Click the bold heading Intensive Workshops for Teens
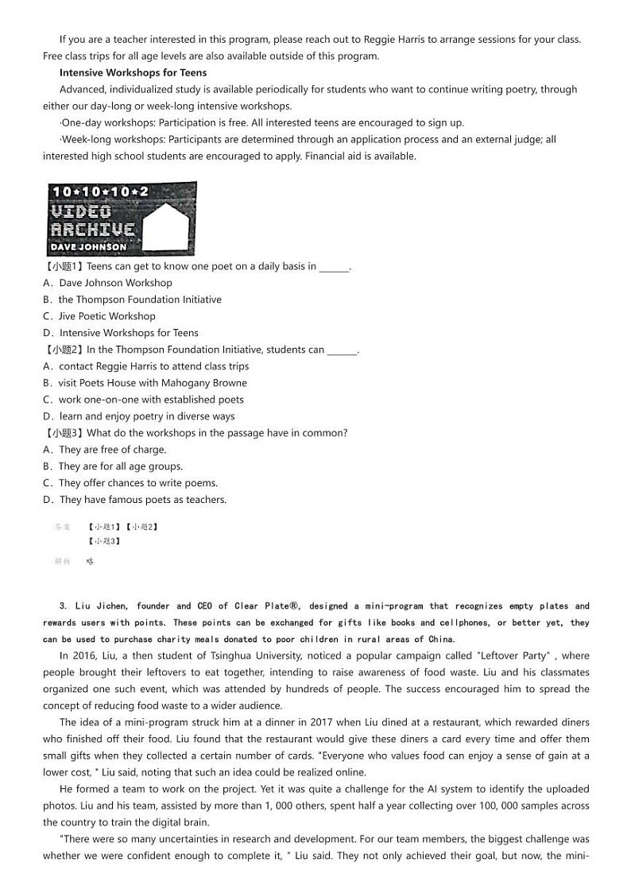click(x=133, y=72)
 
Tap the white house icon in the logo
click(x=170, y=226)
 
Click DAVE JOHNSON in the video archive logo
click(x=89, y=247)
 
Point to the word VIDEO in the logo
click(x=81, y=211)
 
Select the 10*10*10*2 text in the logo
click(x=99, y=191)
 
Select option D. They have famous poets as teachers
click(x=135, y=500)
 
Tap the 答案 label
click(x=63, y=527)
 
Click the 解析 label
click(x=63, y=561)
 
